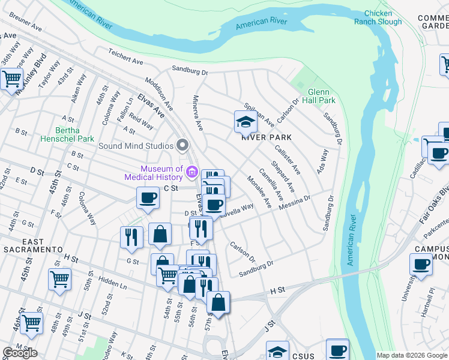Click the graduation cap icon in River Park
point(246,122)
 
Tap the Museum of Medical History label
point(154,173)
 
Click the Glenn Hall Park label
point(317,97)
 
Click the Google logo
point(20,353)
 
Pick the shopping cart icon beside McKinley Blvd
point(11,79)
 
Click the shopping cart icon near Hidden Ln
point(60,278)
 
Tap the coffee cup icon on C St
point(148,198)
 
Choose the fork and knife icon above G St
point(131,236)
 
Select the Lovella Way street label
point(238,211)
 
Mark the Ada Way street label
point(324,159)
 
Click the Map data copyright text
point(411,355)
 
